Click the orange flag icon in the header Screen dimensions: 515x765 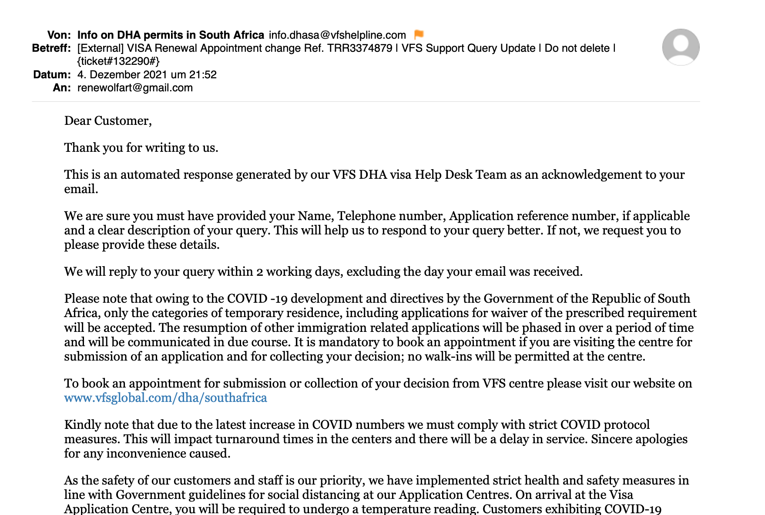[419, 34]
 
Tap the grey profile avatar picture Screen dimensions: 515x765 [681, 47]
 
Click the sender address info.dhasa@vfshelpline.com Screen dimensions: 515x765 [337, 35]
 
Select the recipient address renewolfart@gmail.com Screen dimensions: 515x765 [135, 88]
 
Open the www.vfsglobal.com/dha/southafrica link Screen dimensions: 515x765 [165, 398]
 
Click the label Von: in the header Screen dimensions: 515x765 [59, 35]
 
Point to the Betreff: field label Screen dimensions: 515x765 [51, 48]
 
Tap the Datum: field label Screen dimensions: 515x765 [52, 75]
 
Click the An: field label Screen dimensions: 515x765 [62, 88]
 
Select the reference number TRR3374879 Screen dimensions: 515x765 [359, 48]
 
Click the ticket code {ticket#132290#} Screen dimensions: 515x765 [118, 61]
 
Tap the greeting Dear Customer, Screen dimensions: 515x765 [108, 121]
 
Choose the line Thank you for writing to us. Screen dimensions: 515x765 [141, 148]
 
